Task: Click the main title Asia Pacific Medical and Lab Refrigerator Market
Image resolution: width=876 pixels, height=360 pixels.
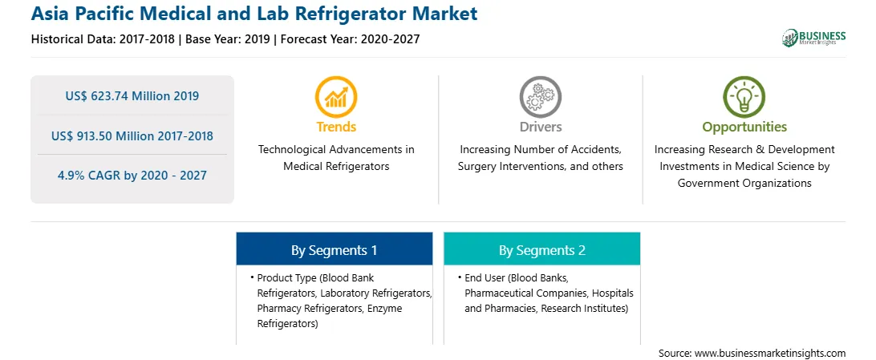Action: point(254,14)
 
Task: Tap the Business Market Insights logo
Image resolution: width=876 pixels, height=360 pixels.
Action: point(813,38)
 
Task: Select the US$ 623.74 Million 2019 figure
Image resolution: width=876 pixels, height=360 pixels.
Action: point(132,96)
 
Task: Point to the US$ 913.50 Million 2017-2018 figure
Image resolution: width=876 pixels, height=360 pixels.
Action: point(132,136)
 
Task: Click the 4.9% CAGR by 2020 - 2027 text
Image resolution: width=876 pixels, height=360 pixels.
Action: point(132,176)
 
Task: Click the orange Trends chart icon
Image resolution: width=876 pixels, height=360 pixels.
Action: point(336,97)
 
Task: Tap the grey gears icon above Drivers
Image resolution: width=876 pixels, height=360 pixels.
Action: point(540,97)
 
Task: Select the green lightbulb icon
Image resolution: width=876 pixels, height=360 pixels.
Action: point(744,97)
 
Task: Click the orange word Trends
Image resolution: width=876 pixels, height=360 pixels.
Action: point(336,127)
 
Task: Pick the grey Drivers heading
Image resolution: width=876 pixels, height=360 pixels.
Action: point(540,127)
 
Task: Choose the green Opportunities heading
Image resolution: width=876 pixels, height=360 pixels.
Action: point(744,127)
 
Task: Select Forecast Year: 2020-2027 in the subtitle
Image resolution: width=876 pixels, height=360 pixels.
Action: point(350,39)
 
